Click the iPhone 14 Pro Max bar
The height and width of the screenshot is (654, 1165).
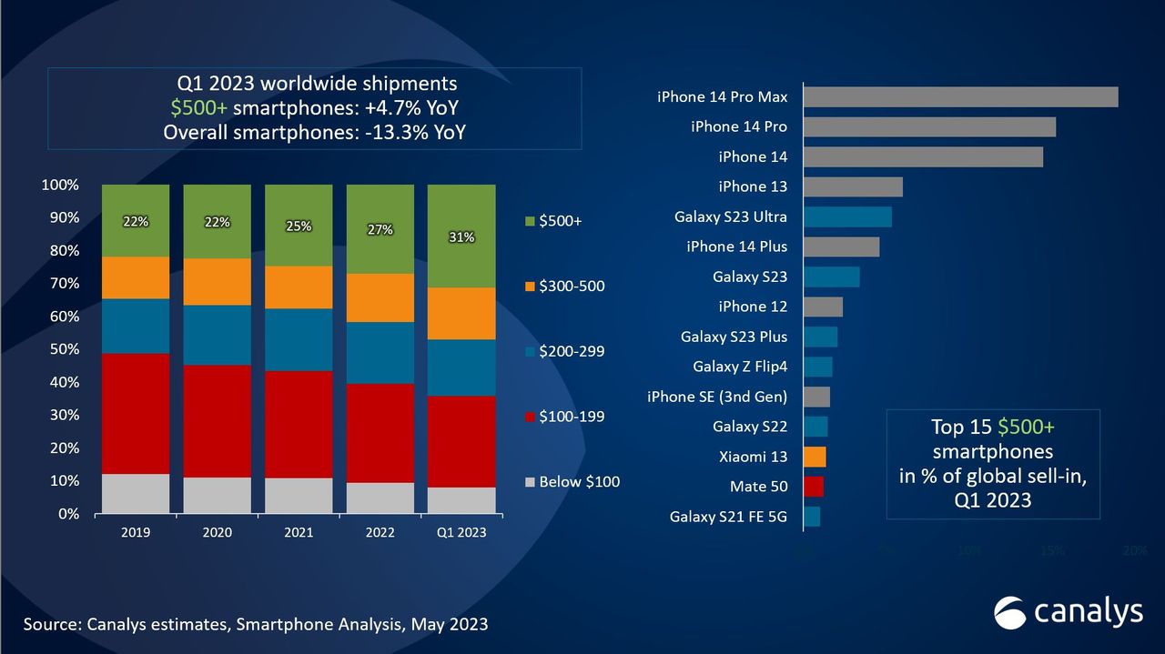tap(960, 96)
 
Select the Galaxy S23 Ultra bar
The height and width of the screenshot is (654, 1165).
tap(847, 216)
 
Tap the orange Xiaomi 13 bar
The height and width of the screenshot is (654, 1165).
tap(815, 457)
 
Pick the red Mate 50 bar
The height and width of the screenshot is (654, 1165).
tap(814, 487)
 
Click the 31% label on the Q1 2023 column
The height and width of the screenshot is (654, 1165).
tap(461, 237)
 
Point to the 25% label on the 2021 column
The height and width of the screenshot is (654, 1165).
tap(299, 226)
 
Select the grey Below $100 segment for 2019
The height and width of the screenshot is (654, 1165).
tap(136, 494)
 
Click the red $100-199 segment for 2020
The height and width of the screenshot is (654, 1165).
tap(217, 421)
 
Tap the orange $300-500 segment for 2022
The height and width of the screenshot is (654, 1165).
tap(380, 297)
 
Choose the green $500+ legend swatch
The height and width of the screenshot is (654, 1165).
tap(529, 221)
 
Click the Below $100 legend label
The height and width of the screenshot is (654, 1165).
tap(579, 481)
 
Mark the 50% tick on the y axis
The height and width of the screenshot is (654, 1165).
tap(61, 349)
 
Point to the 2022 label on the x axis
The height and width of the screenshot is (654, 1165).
tap(380, 532)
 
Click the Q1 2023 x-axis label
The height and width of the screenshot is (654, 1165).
tap(461, 532)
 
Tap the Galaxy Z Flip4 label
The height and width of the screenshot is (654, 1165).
tap(740, 367)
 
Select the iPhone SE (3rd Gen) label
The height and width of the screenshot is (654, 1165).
tap(717, 397)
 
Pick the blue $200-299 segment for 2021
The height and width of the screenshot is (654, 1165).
tap(299, 339)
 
